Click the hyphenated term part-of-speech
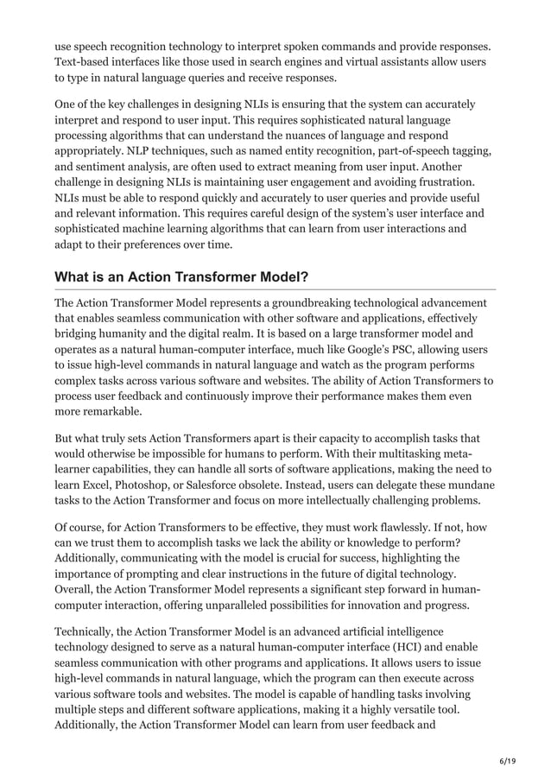pos(426,151)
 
